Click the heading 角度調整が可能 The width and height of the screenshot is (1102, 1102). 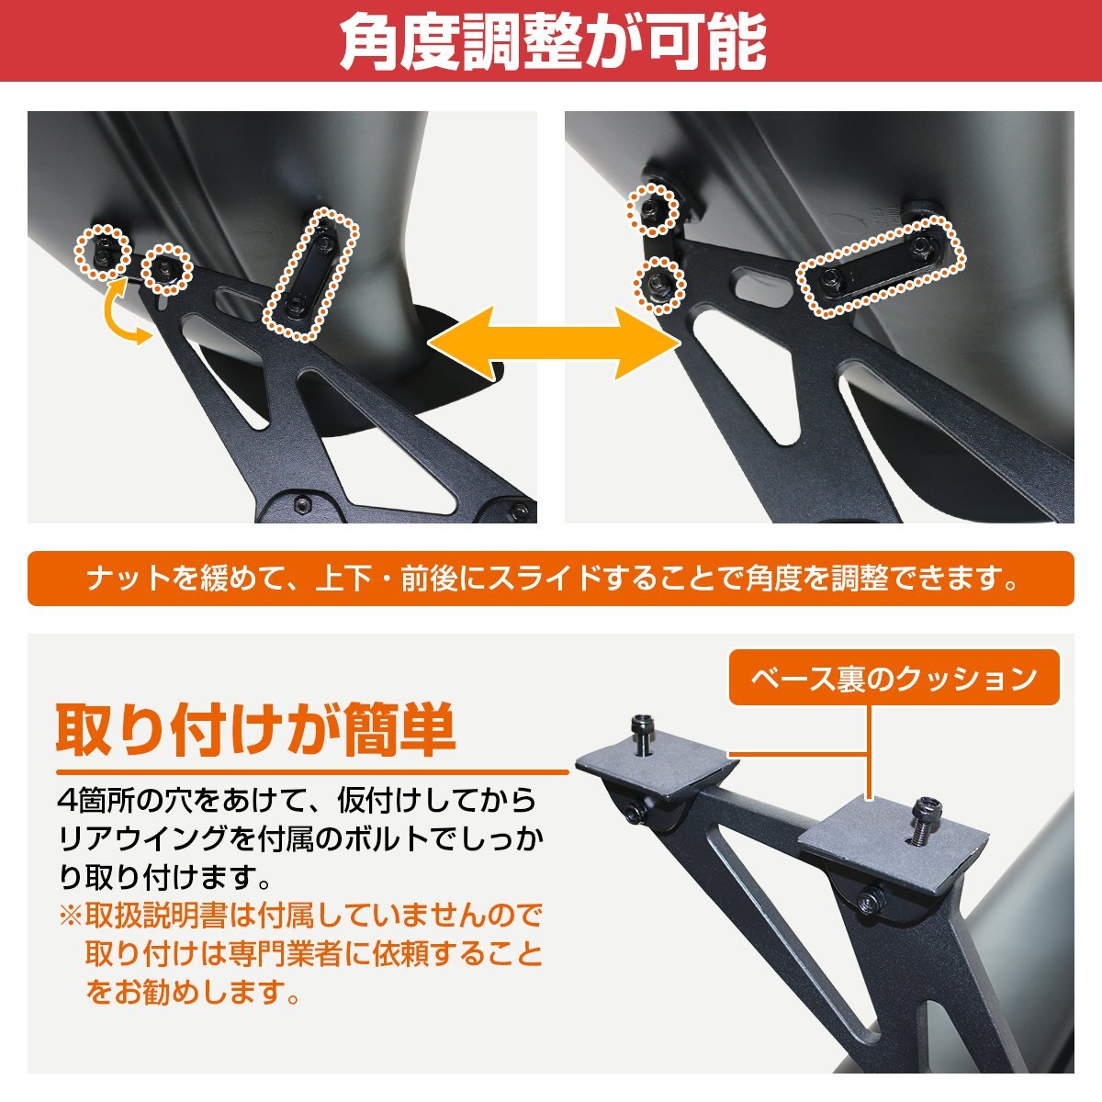pyautogui.click(x=552, y=41)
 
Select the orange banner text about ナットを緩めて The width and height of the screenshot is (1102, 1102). pyautogui.click(x=551, y=579)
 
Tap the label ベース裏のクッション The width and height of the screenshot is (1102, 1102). pyautogui.click(x=894, y=679)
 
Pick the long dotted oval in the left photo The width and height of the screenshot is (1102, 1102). pyautogui.click(x=310, y=273)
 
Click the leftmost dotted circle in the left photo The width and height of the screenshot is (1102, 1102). pyautogui.click(x=102, y=252)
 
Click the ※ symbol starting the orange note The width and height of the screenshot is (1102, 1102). pyautogui.click(x=71, y=915)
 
